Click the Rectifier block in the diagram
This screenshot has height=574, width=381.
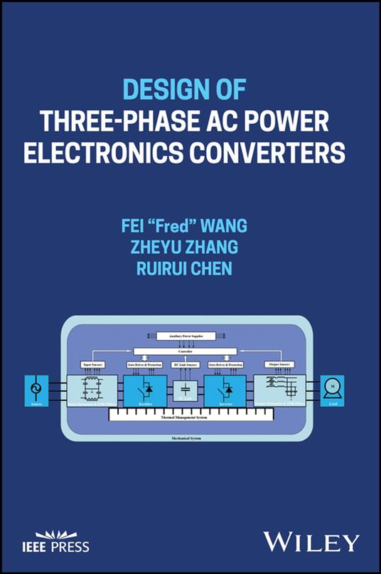click(146, 390)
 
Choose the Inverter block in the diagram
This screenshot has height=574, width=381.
click(225, 390)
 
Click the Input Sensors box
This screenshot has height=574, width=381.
click(92, 364)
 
